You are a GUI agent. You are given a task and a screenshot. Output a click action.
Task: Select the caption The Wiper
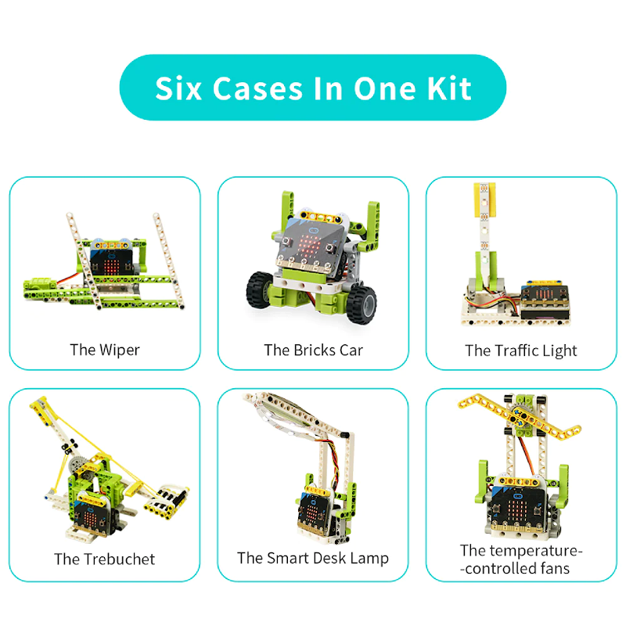[104, 350]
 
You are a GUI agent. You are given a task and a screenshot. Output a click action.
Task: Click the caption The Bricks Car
[313, 350]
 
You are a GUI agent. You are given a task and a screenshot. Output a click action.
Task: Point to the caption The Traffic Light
[520, 351]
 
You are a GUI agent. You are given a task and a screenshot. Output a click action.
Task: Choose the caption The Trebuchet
[104, 559]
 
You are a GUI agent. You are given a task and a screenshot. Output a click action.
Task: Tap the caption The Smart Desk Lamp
[313, 558]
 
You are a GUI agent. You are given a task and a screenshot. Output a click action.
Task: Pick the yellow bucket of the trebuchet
[171, 500]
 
